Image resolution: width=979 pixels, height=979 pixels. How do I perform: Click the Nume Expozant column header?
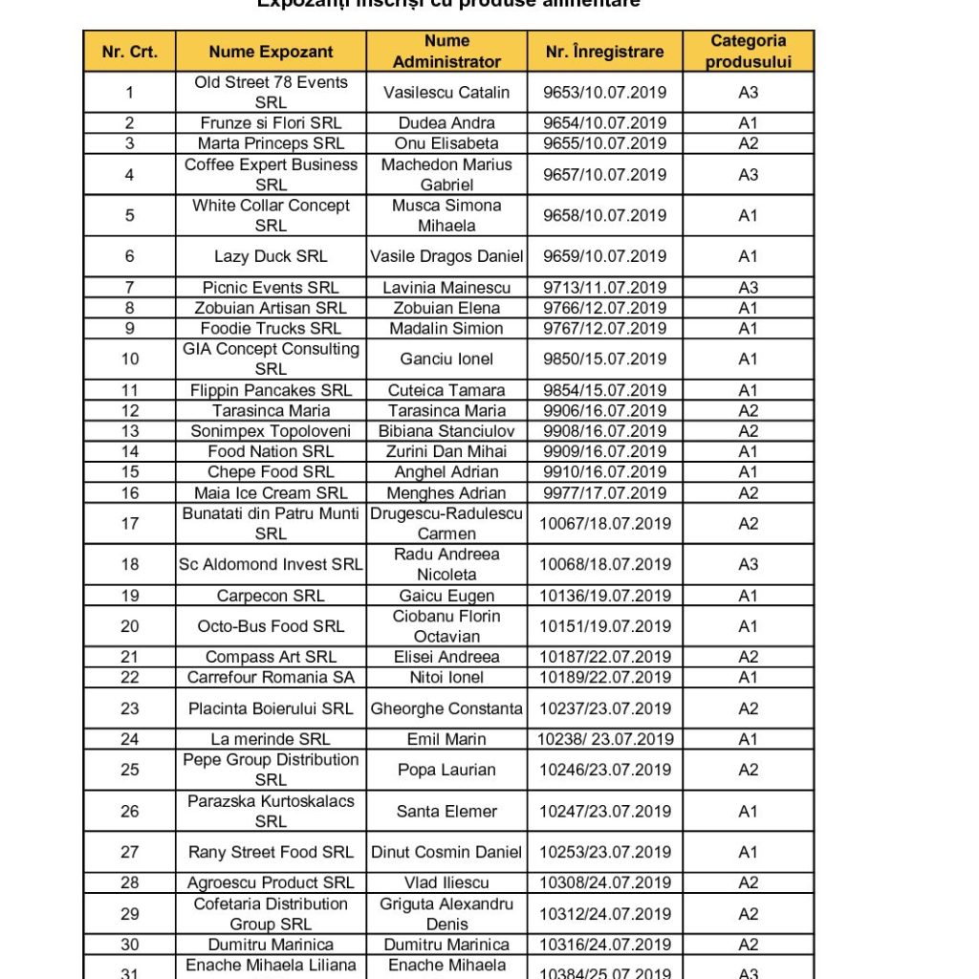point(271,52)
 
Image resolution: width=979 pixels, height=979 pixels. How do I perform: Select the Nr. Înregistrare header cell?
point(604,52)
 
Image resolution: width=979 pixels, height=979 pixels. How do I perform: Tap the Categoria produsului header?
point(748,52)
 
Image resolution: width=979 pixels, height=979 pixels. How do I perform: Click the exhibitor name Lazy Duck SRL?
point(271,256)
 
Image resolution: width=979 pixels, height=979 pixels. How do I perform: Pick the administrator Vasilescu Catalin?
point(446,93)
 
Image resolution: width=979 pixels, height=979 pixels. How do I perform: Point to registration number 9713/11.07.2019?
point(604,288)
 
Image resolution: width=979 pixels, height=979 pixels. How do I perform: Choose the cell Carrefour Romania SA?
point(271,678)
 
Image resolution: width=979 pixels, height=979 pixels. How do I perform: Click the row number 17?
point(130,524)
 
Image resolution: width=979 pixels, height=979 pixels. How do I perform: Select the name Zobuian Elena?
point(446,308)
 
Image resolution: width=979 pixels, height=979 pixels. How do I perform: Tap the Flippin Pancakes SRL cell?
point(271,390)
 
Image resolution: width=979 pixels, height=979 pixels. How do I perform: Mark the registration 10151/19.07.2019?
point(604,626)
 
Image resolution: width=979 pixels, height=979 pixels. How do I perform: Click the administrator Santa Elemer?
point(446,812)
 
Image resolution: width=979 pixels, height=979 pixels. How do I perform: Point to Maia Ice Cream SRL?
point(271,493)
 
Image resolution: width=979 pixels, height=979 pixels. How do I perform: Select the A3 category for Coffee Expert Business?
point(748,175)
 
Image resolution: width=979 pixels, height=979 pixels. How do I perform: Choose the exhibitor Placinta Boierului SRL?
point(271,708)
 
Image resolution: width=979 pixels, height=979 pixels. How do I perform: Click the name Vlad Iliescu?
point(446,882)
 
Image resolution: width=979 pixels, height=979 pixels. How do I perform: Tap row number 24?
point(130,739)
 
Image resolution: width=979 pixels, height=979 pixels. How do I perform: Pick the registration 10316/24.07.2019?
point(604,945)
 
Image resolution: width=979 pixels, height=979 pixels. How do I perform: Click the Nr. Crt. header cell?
point(130,52)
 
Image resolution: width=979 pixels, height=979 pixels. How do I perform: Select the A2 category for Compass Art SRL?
point(748,657)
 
